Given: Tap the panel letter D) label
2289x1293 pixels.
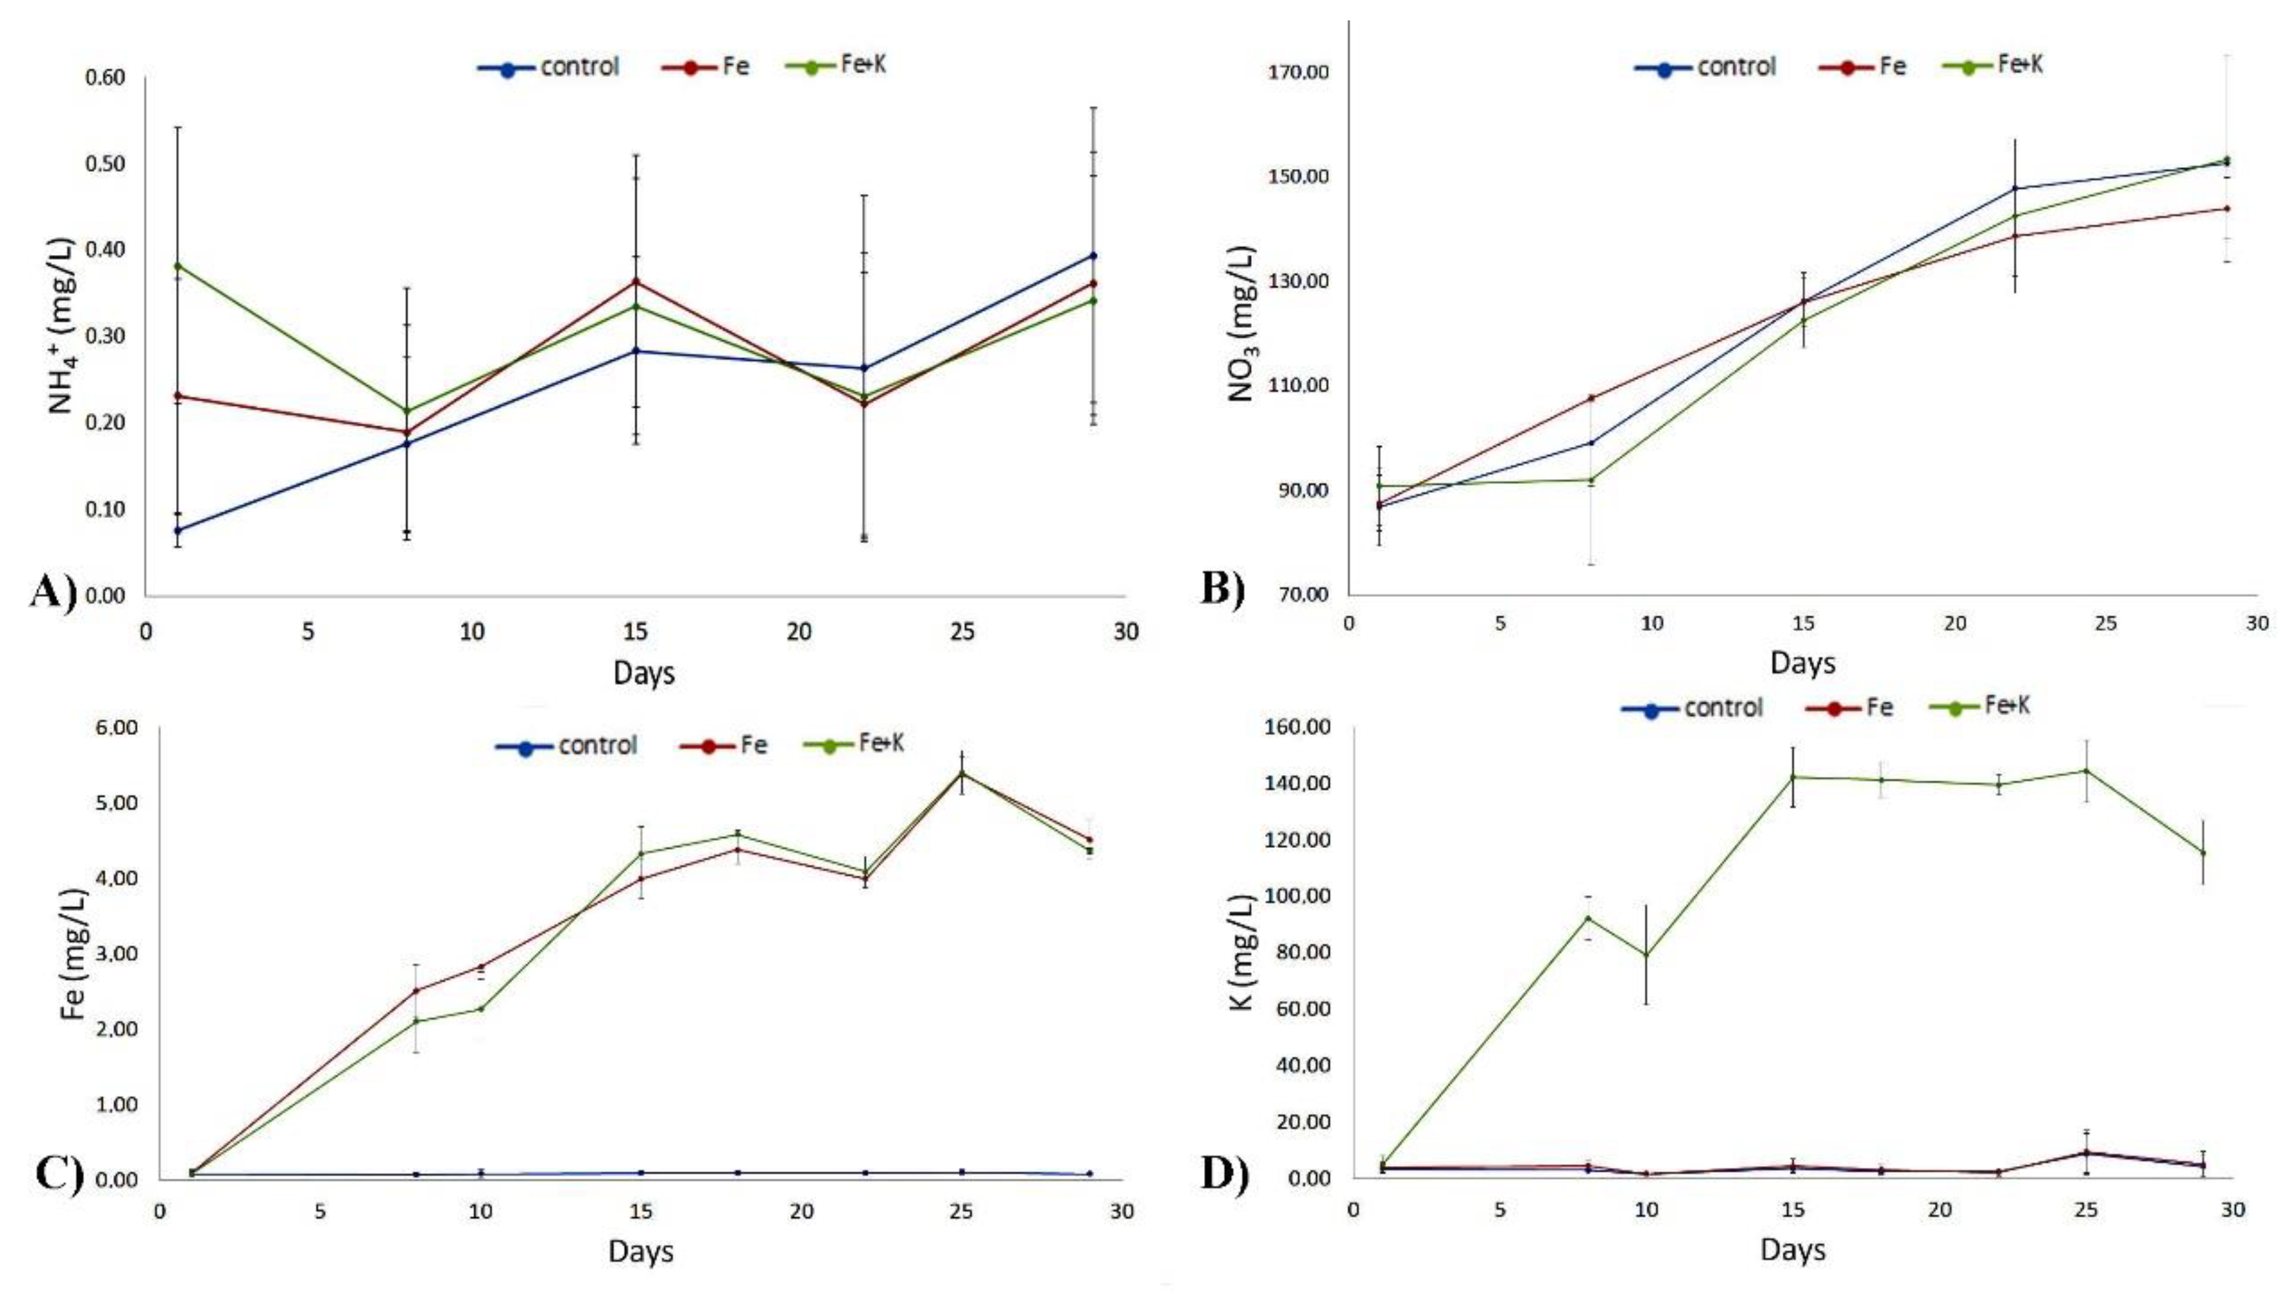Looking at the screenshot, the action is coord(1224,1173).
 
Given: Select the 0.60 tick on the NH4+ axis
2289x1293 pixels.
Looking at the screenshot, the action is coord(105,78).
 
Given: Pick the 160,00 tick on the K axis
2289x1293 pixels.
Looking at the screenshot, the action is coord(1290,727).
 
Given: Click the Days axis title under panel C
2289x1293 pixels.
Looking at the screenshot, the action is coord(641,1251).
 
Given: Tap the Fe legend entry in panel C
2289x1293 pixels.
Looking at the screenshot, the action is coord(724,745).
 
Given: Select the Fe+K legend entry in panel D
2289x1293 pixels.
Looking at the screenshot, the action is coord(1979,707).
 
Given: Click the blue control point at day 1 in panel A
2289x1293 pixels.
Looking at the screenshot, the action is coord(177,530).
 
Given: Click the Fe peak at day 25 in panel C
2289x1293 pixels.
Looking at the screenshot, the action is coord(961,773).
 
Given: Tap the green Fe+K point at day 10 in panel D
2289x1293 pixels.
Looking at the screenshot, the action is coord(1646,955).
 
